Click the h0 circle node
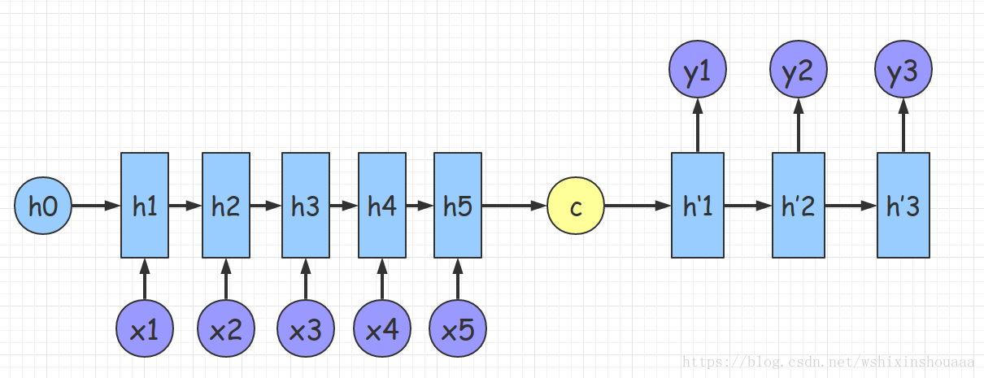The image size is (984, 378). (x=43, y=206)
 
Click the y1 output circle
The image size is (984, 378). (x=697, y=72)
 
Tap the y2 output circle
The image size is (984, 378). (x=798, y=72)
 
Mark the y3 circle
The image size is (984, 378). (x=903, y=72)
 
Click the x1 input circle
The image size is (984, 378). (x=145, y=329)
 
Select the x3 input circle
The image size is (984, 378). (x=305, y=329)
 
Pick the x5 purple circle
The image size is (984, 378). (x=457, y=329)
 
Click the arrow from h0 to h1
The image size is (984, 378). (x=96, y=206)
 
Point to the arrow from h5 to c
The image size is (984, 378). (x=514, y=206)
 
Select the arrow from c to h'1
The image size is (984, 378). (x=638, y=206)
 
